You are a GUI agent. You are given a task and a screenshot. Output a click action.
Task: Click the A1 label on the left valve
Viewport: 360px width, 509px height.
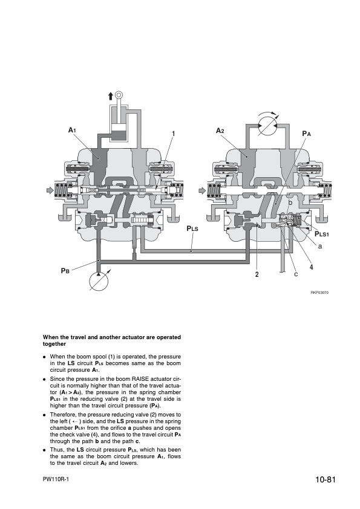click(72, 130)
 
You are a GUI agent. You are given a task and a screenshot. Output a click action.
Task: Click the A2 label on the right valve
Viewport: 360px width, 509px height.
click(220, 131)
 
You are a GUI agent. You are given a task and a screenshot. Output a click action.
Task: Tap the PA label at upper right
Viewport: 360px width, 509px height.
click(306, 132)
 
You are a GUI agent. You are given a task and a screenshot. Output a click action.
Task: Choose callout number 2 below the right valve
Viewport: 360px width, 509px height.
click(257, 274)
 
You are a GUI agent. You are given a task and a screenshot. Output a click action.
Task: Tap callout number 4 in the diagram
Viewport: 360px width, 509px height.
click(311, 267)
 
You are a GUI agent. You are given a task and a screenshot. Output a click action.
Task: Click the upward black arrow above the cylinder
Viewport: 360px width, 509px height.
click(110, 96)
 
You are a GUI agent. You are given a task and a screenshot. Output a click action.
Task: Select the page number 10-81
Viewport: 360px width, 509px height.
click(325, 481)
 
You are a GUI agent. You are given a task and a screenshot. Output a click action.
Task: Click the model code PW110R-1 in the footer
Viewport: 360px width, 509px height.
click(56, 479)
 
